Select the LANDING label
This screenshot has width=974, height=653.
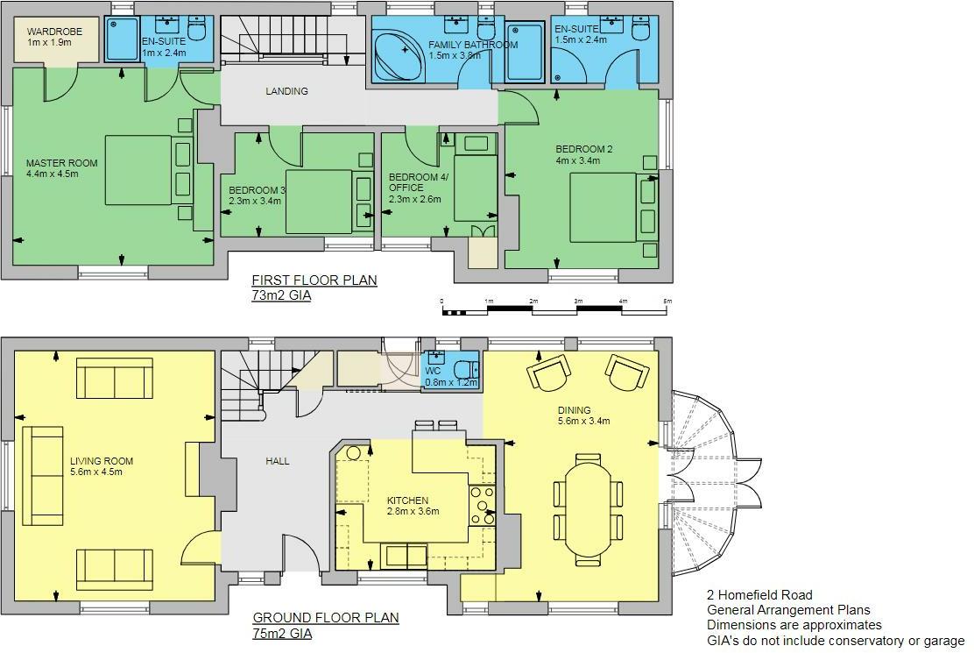pos(286,91)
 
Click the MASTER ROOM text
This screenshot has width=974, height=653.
pos(61,163)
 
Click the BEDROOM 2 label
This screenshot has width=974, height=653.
pos(584,149)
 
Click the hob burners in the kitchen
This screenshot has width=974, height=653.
pos(482,506)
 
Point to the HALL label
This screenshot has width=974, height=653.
pos(278,461)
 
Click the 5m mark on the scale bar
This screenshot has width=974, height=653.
pos(667,302)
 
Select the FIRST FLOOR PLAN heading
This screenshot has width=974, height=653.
pos(314,280)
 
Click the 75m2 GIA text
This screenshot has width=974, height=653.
pos(281,634)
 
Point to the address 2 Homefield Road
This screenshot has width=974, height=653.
pos(759,595)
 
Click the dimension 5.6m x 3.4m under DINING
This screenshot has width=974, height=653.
pos(584,422)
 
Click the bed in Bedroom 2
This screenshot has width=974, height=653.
pos(603,207)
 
